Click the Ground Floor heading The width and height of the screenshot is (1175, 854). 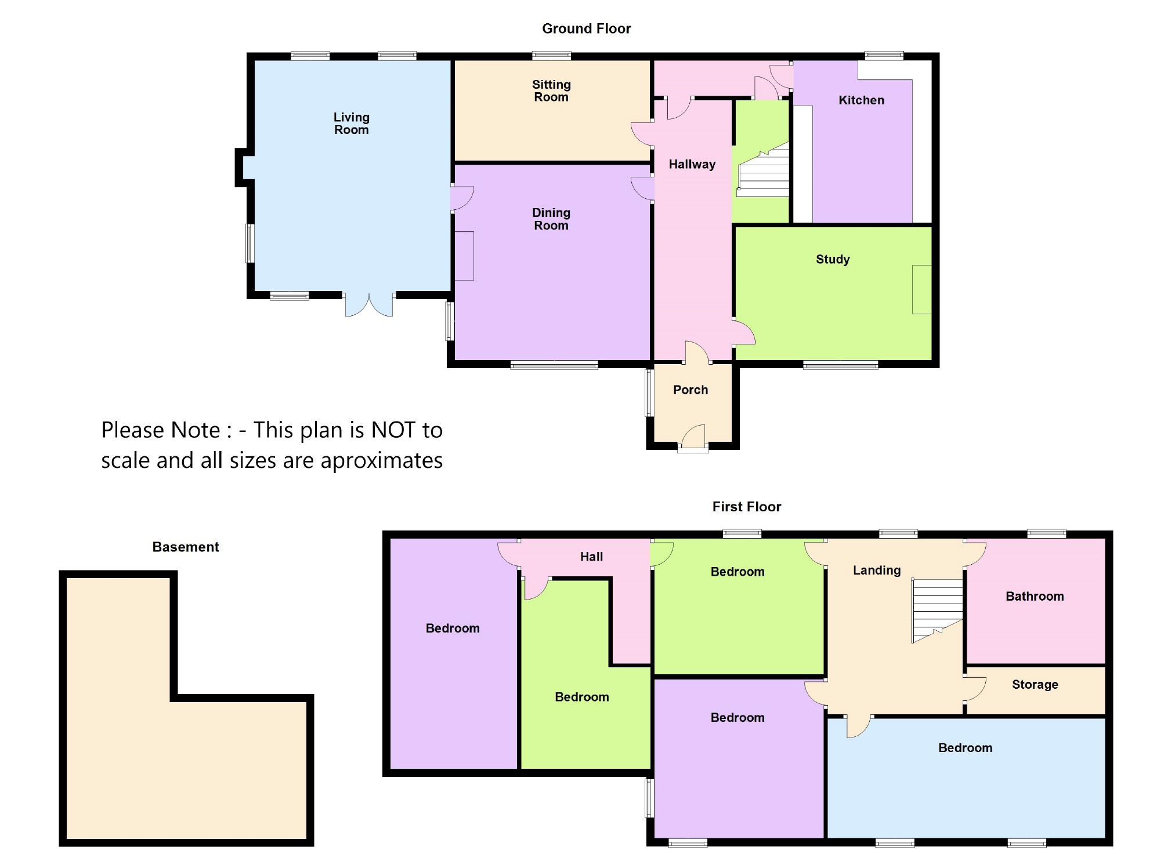pos(586,28)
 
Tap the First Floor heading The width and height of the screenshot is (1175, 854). pos(746,507)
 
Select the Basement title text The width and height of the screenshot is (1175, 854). pos(185,547)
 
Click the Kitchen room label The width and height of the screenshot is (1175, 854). pos(861,100)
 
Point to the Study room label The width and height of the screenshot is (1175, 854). pos(833,259)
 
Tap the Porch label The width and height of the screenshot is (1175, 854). pos(690,390)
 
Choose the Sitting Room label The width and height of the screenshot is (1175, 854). pos(551,91)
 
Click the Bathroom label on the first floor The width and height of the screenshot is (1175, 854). pos(1035,596)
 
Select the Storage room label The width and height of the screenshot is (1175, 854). pos(1035,684)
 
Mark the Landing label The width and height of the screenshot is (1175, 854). pos(876,570)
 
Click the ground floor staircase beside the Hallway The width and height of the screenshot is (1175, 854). pos(764,171)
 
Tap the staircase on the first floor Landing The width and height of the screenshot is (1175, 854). pos(937,609)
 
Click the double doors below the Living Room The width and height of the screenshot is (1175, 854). pos(369,305)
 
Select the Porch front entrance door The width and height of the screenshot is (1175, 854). pos(694,437)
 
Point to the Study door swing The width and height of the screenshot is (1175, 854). pos(744,333)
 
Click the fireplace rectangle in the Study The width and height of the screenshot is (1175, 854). pos(921,289)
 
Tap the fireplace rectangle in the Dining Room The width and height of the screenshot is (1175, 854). pos(464,256)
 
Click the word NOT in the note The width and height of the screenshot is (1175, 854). pos(393,430)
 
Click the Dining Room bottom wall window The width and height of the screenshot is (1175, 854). pos(554,365)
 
